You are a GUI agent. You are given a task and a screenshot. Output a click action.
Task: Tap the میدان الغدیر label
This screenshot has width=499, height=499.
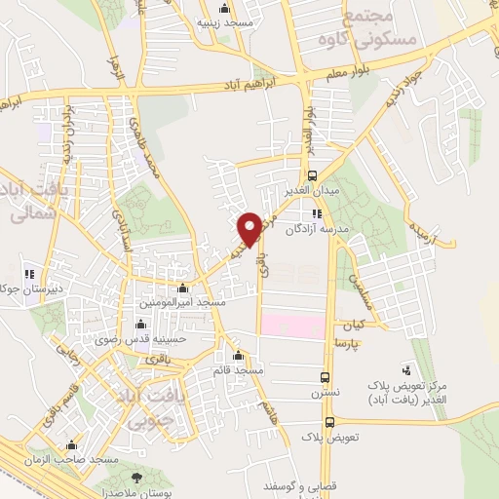click(x=313, y=190)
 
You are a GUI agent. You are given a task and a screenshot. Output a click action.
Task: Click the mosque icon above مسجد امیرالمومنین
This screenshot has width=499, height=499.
click(x=185, y=288)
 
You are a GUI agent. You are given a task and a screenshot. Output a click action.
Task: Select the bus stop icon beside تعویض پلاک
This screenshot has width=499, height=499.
click(x=329, y=423)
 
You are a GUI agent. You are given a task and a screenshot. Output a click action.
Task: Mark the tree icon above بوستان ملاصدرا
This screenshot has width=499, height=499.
click(x=137, y=477)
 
